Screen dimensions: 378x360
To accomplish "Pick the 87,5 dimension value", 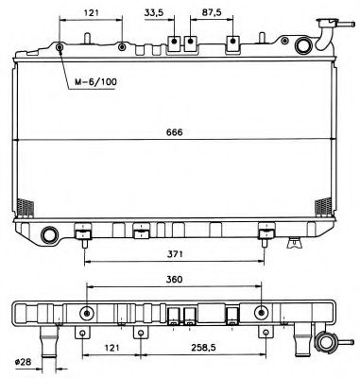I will pos(213,11).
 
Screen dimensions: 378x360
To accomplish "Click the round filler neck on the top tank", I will pos(303,45).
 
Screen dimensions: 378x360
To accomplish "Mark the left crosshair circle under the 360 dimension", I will pos(87,315).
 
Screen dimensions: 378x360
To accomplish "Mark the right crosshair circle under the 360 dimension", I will pos(262,315).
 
